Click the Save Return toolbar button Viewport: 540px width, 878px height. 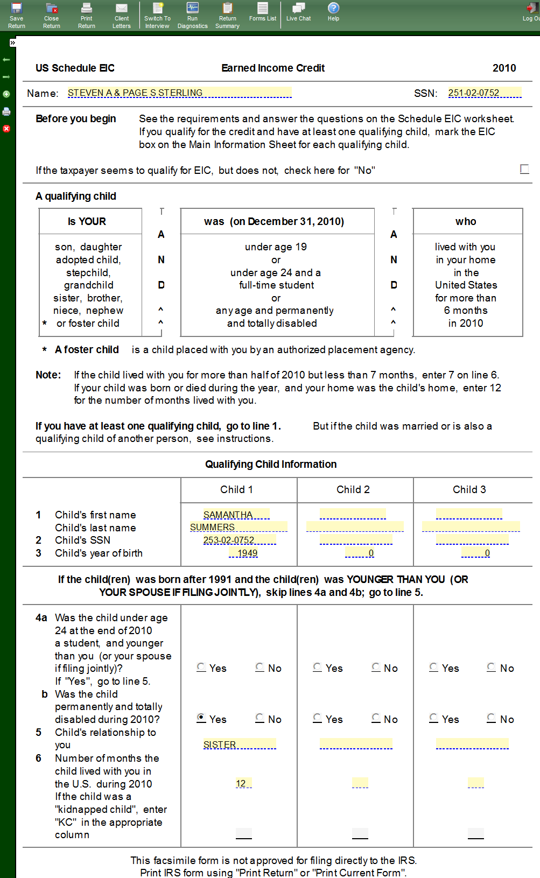click(x=16, y=15)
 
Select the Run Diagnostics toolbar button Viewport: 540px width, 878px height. click(x=192, y=15)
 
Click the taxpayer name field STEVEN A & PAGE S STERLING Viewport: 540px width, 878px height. click(x=179, y=93)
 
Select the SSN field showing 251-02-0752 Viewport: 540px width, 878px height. click(x=485, y=93)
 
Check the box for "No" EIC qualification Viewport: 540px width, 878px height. click(x=524, y=169)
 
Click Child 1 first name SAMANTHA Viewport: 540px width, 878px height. click(x=236, y=515)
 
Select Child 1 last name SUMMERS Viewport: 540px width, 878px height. click(x=239, y=527)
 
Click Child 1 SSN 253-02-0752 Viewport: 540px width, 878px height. click(x=239, y=540)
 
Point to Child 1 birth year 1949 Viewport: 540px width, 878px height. click(x=244, y=553)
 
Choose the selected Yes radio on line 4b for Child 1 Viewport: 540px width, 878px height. click(x=201, y=718)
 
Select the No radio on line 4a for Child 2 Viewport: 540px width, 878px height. click(x=376, y=667)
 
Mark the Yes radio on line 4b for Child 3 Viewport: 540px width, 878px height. click(x=434, y=718)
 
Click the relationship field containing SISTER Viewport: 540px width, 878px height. click(x=239, y=744)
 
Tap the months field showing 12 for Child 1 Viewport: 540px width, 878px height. click(x=243, y=783)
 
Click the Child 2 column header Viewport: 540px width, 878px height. click(x=353, y=489)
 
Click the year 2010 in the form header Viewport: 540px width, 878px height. click(x=504, y=68)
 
